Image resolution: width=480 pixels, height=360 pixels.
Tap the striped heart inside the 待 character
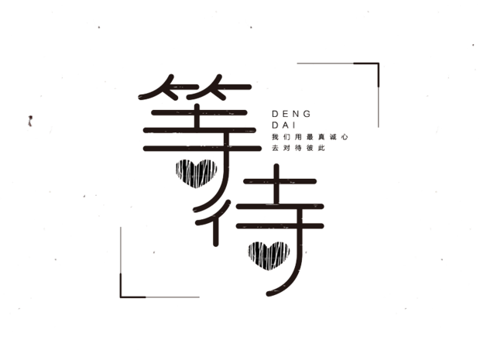point(267,252)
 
